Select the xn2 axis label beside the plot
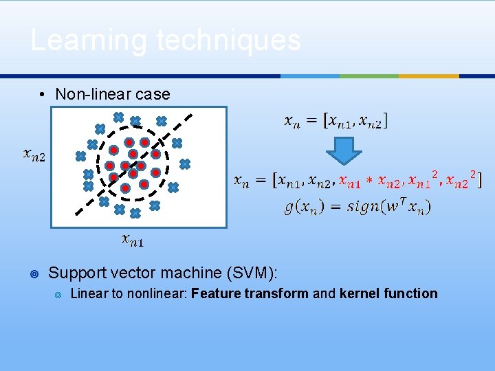(34, 156)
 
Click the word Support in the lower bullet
(76, 273)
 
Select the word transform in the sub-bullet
(274, 293)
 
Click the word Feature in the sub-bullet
(214, 293)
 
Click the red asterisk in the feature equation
(368, 182)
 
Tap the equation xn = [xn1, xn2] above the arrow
(335, 121)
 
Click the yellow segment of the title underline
(429, 76)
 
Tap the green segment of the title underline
(369, 76)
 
